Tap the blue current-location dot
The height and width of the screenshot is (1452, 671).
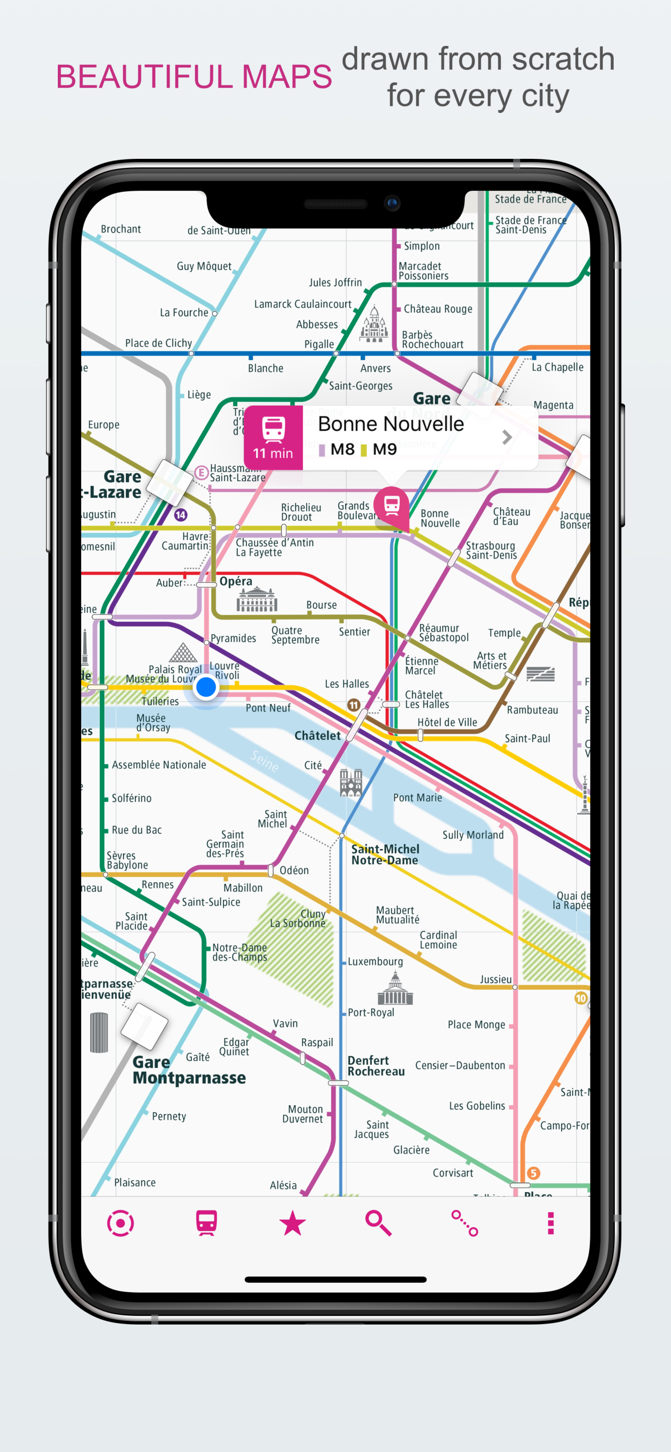tap(206, 687)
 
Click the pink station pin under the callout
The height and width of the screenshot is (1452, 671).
tap(392, 504)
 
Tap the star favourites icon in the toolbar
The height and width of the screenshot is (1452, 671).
tap(292, 1223)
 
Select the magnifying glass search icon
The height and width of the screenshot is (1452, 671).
tap(378, 1223)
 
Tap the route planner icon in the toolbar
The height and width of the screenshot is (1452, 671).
tap(465, 1223)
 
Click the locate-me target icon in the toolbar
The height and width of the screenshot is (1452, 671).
tap(120, 1223)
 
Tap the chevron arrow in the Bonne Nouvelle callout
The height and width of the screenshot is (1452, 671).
tap(507, 438)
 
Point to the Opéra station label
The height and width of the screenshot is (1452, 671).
tap(236, 581)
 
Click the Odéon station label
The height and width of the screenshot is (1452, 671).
tap(294, 870)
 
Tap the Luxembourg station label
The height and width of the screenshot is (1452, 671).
tap(375, 962)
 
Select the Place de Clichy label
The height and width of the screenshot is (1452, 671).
tap(158, 343)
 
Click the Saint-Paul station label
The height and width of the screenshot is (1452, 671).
tap(527, 738)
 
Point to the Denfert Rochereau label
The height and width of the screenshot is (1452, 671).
tap(376, 1066)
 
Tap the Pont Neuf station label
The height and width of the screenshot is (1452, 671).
tap(268, 708)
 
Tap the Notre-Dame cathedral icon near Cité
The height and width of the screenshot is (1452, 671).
tap(351, 783)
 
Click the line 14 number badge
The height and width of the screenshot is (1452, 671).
tap(180, 515)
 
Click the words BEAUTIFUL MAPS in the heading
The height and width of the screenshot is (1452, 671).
tap(194, 77)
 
